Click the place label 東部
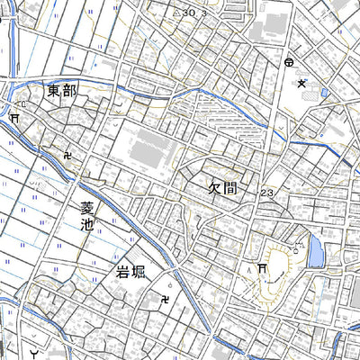coord(64,91)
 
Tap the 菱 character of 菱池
coord(86,210)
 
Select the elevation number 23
coord(266,193)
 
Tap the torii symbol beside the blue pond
coord(261,268)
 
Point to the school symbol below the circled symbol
coord(302,83)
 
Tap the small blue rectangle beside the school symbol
coord(324,92)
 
